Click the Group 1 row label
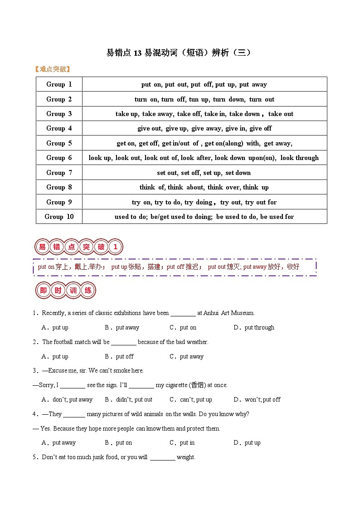pyautogui.click(x=59, y=84)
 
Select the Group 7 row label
pyautogui.click(x=59, y=173)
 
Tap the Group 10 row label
pyautogui.click(x=59, y=217)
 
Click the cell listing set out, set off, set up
pyautogui.click(x=204, y=173)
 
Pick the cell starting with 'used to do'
pyautogui.click(x=204, y=217)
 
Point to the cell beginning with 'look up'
pyautogui.click(x=204, y=158)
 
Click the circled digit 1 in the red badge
pyautogui.click(x=115, y=247)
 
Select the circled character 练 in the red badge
pyautogui.click(x=88, y=291)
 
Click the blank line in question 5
pyautogui.click(x=162, y=458)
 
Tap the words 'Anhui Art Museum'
pyautogui.click(x=229, y=313)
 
